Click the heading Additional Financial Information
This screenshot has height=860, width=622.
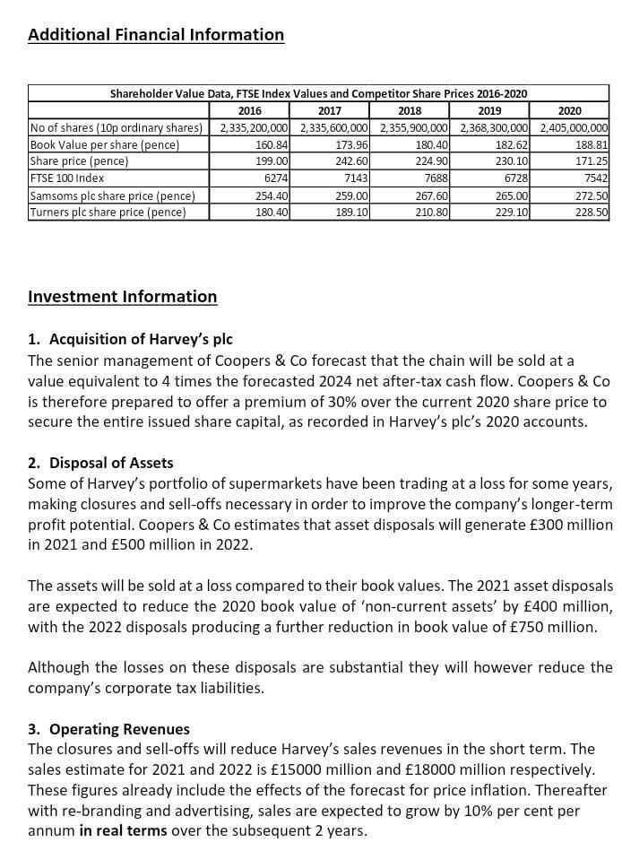[156, 35]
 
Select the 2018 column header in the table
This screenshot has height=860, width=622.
[409, 110]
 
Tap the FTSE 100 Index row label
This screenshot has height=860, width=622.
[66, 178]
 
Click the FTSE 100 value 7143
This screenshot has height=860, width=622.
[356, 178]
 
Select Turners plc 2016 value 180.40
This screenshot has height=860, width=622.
[272, 213]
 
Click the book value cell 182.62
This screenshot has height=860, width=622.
[512, 144]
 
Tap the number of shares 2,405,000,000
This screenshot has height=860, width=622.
[574, 127]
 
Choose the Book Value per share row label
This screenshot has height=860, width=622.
[105, 144]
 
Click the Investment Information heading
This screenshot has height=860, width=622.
[123, 297]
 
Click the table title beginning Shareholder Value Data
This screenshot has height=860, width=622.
[318, 93]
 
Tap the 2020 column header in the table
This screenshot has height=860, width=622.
[569, 110]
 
